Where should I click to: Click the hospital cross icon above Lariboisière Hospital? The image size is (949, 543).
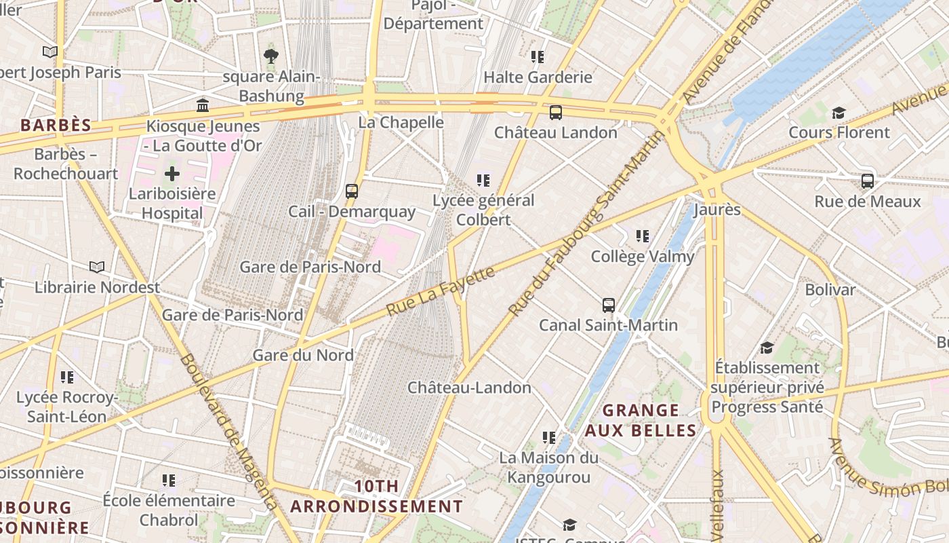(x=172, y=174)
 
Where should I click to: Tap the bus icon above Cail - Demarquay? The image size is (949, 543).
(x=351, y=191)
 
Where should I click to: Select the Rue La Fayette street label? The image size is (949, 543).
(x=441, y=291)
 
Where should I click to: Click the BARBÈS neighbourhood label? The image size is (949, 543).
(x=56, y=125)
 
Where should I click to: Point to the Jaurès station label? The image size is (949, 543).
(x=717, y=209)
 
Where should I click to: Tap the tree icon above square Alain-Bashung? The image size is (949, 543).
(x=271, y=56)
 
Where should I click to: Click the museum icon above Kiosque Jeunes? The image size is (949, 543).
(x=203, y=105)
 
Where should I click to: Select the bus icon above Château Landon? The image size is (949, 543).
(x=555, y=112)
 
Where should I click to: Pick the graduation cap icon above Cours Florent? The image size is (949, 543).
(x=839, y=112)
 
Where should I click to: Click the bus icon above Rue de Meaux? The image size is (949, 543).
(x=867, y=181)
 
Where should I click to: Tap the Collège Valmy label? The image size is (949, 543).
(x=643, y=257)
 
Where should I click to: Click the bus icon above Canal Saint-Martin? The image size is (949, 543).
(x=608, y=305)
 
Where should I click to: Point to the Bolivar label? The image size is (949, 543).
(x=830, y=290)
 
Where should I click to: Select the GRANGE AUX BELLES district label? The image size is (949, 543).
(x=641, y=420)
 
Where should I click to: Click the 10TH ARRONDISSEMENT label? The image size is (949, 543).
(x=376, y=496)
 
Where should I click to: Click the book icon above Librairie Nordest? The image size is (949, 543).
(x=97, y=267)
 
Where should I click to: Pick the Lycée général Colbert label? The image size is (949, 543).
(x=483, y=210)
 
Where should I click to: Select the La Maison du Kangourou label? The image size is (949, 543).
(x=548, y=468)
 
